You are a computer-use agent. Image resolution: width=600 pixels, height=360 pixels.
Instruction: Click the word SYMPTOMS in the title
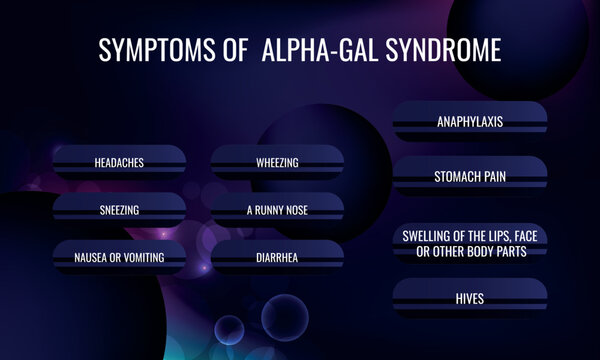155,50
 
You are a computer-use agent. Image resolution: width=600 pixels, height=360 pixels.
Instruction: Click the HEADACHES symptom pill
119,161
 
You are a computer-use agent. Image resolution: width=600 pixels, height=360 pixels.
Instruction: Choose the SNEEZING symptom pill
119,210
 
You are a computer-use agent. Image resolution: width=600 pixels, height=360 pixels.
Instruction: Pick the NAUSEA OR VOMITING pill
119,258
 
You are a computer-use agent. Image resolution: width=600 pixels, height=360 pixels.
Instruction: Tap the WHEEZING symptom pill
277,161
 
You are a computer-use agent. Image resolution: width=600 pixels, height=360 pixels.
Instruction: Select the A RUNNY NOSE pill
277,210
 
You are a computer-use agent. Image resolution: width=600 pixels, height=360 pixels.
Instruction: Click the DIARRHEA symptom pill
277,258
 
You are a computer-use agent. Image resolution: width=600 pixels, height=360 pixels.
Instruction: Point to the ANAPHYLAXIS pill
469,122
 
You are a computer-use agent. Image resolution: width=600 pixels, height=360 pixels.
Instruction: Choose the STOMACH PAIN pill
469,176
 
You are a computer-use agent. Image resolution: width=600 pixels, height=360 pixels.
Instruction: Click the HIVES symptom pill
469,297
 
